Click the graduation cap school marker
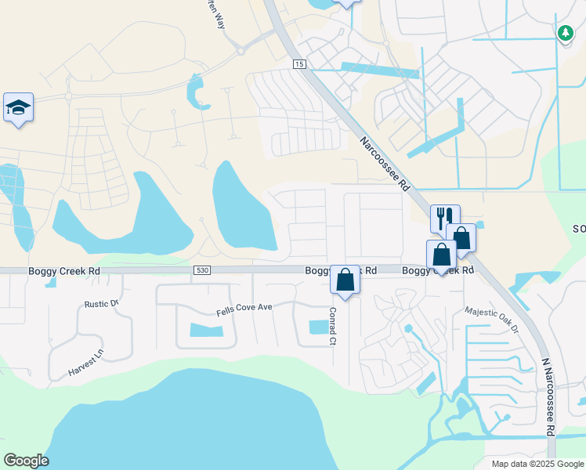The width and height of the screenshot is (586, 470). click(18, 107)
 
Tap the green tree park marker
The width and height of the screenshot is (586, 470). click(565, 32)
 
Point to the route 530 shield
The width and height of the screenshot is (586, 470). click(202, 270)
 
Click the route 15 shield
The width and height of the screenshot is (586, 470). click(299, 63)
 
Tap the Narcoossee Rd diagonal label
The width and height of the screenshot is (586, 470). click(385, 164)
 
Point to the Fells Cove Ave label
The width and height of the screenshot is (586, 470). click(244, 307)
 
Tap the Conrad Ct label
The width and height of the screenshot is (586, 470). click(332, 326)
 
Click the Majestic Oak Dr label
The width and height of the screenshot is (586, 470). click(492, 320)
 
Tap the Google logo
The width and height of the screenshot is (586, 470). click(26, 461)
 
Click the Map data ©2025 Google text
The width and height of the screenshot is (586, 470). click(537, 463)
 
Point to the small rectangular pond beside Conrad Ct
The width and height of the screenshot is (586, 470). click(319, 327)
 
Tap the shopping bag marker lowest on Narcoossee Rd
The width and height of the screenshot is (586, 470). click(441, 255)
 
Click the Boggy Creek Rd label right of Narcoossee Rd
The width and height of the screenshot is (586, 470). click(438, 270)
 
